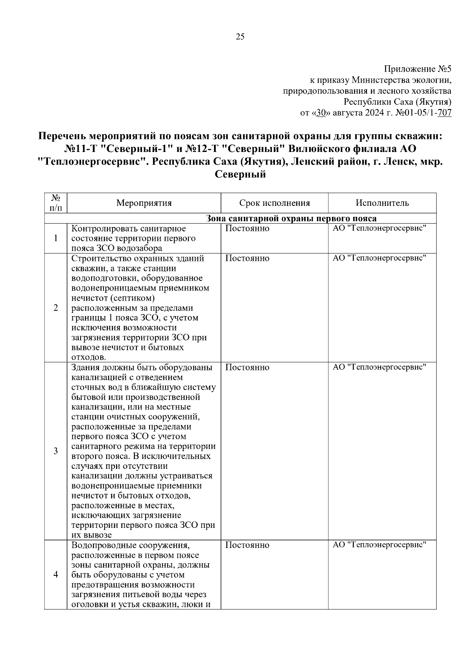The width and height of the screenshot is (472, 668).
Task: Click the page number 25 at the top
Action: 240,37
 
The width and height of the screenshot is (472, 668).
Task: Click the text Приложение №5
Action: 417,70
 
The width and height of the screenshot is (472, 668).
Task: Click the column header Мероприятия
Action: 144,203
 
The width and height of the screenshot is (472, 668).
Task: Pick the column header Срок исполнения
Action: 275,203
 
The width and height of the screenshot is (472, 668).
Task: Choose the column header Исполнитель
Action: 382,203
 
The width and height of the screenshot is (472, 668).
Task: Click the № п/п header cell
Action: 56,203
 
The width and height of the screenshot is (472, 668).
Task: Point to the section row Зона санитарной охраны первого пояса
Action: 291,218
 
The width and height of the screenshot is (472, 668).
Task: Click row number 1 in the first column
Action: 56,238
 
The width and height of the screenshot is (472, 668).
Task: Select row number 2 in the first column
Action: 56,308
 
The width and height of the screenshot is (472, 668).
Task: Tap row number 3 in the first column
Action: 56,451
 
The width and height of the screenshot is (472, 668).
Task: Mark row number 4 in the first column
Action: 56,575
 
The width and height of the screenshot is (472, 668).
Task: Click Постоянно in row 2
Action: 247,259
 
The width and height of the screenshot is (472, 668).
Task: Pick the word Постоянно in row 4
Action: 247,545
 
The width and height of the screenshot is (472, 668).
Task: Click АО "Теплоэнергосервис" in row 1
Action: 380,229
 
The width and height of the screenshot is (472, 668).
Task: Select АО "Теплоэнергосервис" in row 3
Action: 380,368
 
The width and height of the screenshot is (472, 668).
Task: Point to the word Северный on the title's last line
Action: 240,174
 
